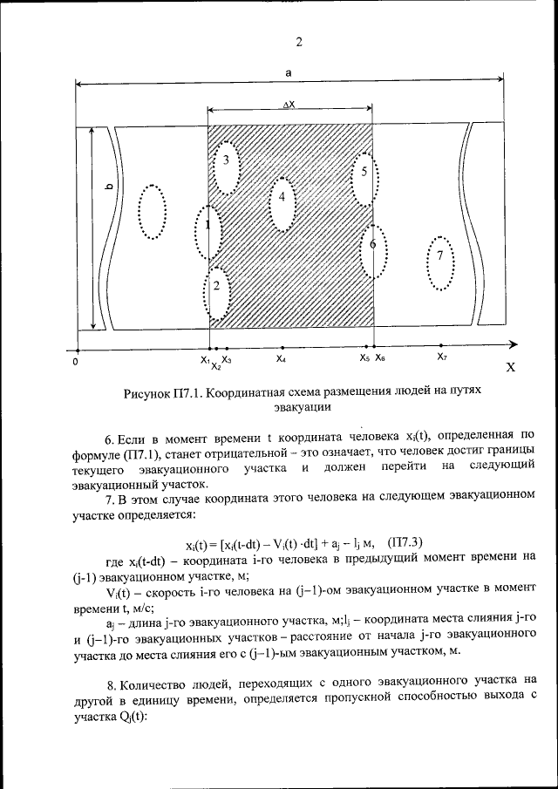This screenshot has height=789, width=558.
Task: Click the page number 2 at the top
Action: [298, 42]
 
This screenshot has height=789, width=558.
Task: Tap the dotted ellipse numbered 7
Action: [440, 263]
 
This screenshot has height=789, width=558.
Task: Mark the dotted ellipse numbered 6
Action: [373, 248]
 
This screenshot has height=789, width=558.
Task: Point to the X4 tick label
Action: [281, 358]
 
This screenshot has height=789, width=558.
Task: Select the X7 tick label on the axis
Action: [442, 357]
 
